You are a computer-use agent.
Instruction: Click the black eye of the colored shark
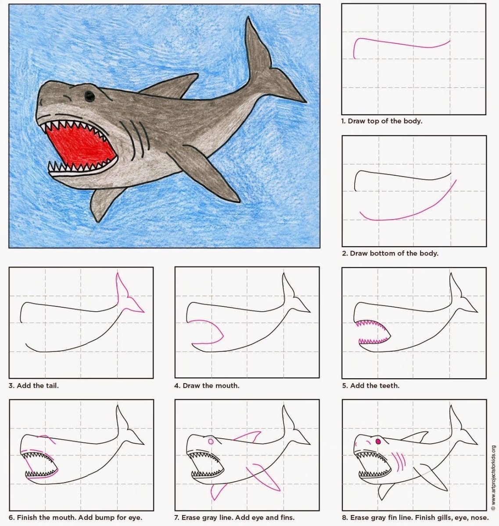click(89, 96)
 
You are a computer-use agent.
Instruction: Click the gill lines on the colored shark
click(134, 138)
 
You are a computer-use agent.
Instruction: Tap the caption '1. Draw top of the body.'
click(382, 121)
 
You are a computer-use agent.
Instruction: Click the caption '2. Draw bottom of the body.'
click(390, 253)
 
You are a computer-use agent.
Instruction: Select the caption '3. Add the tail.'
click(33, 386)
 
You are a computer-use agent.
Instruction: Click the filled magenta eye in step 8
click(378, 441)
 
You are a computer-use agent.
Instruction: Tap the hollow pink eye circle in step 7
click(211, 441)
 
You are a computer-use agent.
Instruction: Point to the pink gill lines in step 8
click(398, 462)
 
